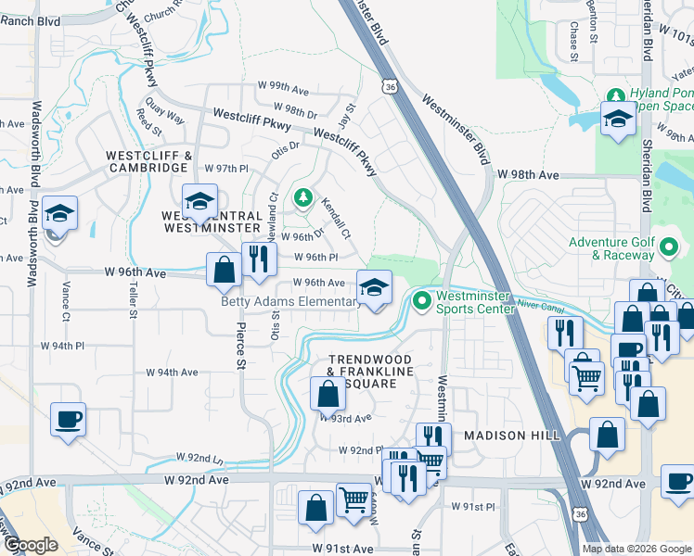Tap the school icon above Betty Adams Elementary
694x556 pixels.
click(x=374, y=288)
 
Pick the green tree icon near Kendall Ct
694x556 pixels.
click(x=302, y=197)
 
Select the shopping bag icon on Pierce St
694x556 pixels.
click(x=224, y=272)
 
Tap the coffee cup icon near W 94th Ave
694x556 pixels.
click(x=68, y=419)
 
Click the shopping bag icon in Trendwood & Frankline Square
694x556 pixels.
click(x=328, y=394)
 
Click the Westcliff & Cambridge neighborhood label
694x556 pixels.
click(x=148, y=161)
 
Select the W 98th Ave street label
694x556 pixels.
click(x=528, y=174)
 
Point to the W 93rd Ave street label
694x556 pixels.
click(x=346, y=418)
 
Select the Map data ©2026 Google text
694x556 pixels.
click(x=636, y=549)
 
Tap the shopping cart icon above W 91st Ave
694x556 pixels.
click(x=353, y=501)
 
